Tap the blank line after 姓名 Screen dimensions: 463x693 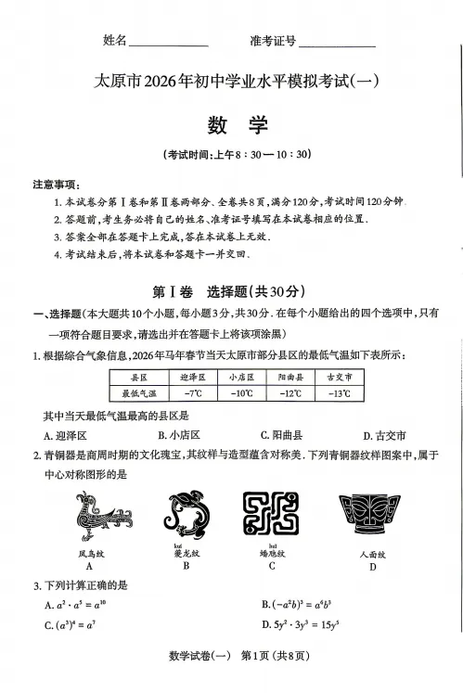coord(169,43)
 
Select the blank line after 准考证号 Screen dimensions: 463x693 coord(338,43)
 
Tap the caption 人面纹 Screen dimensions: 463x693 coord(372,554)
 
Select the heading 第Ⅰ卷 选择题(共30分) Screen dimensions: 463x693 coord(234,289)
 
